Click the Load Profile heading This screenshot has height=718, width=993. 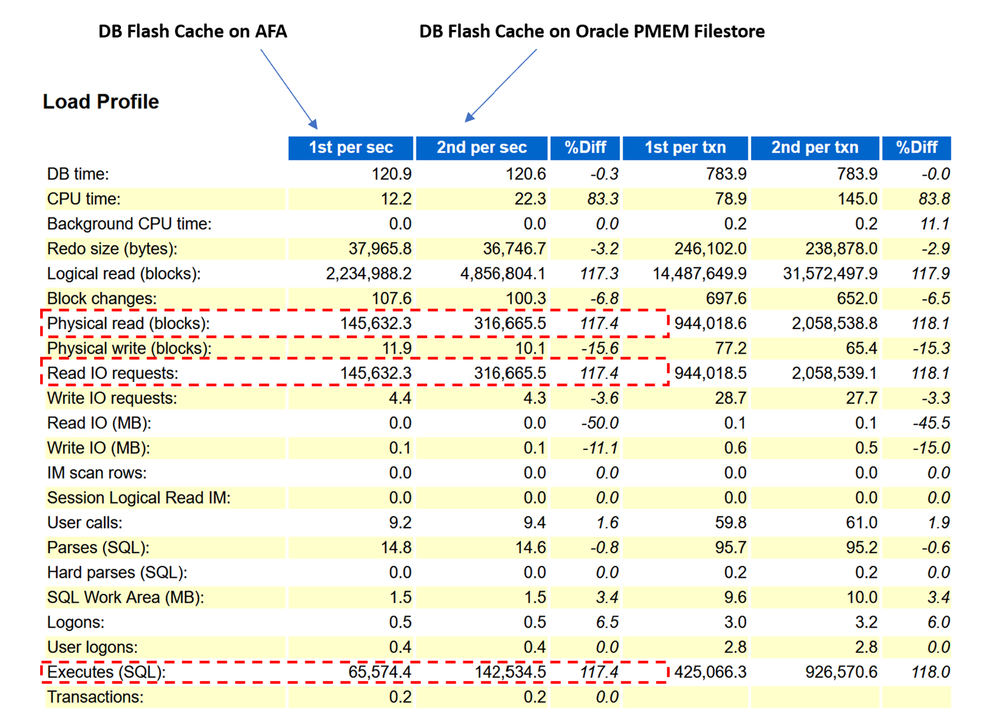pos(101,102)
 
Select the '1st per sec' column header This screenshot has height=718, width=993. pos(351,148)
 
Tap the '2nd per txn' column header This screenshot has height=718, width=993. pos(815,148)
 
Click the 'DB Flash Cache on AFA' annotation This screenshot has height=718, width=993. pos(192,31)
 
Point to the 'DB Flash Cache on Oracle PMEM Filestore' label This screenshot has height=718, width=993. pos(591,31)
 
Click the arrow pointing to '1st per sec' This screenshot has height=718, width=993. pos(288,88)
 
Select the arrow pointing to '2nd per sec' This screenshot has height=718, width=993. pos(501,85)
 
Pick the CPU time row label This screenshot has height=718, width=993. pos(83,199)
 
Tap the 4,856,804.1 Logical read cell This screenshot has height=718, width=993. pos(503,274)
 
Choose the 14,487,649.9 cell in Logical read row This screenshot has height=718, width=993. pos(700,274)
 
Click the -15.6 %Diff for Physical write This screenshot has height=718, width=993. pos(599,349)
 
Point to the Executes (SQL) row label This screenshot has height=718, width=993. pos(106,672)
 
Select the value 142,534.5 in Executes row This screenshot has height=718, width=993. pos(510,672)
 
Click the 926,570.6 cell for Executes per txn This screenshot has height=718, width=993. pos(841,672)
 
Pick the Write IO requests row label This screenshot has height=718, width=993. pos(112,398)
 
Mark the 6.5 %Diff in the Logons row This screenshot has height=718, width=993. pos(607,623)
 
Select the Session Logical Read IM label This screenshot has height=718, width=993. pos(139,498)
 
